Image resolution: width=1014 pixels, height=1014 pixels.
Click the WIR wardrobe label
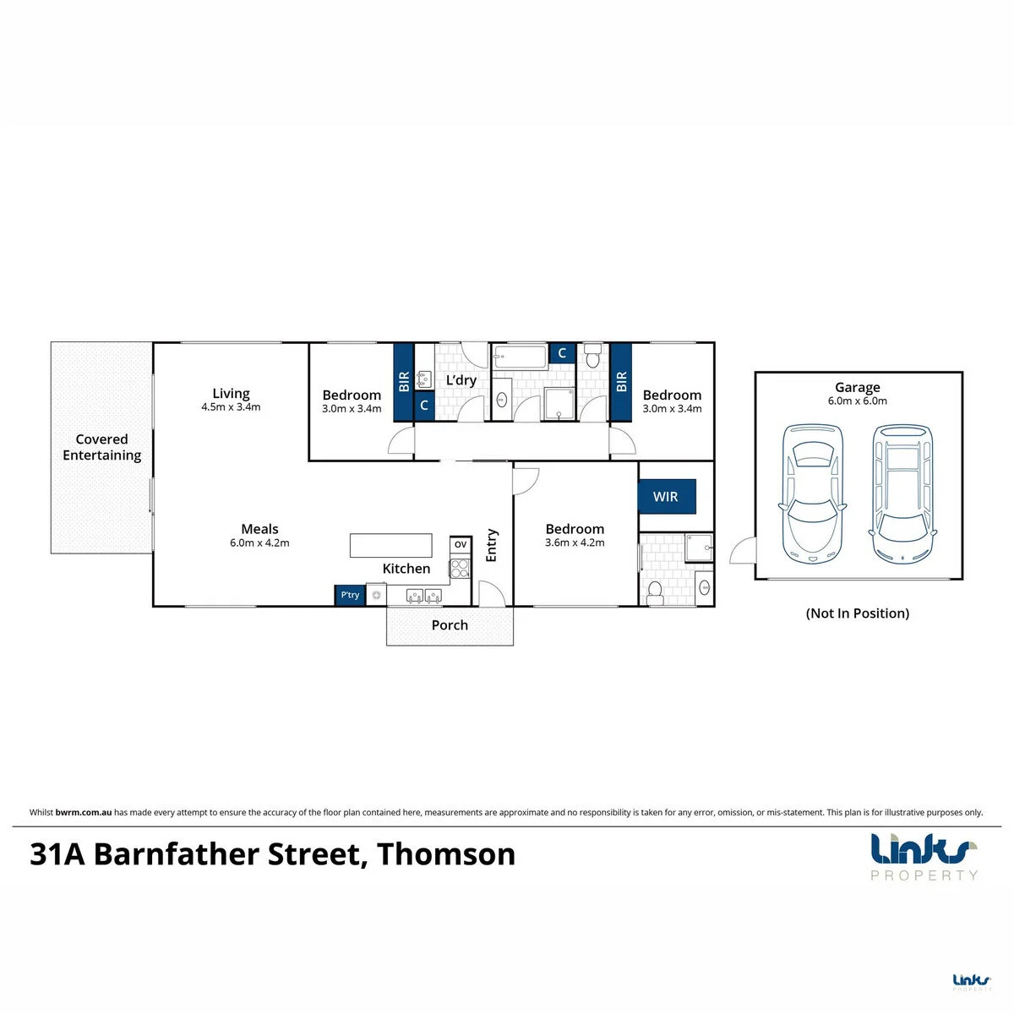665,496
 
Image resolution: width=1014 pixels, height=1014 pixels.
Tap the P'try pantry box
350,595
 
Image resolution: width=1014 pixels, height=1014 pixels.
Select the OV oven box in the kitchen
461,545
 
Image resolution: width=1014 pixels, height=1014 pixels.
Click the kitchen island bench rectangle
391,545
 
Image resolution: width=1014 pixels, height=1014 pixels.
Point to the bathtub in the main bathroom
520,357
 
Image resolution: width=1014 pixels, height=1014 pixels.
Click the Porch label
450,625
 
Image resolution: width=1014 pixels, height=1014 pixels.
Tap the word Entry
491,545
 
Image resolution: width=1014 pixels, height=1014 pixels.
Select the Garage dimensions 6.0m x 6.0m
857,401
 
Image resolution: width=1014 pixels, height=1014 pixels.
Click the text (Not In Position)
857,613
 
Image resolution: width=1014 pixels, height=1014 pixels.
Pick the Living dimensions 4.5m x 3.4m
231,406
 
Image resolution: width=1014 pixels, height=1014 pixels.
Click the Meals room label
259,529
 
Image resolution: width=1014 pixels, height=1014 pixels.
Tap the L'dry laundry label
461,380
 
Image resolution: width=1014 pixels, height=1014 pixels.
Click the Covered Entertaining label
101,447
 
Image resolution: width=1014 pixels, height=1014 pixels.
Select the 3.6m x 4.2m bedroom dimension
575,542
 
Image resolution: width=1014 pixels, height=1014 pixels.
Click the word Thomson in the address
446,854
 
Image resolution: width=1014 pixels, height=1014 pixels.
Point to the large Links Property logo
924,856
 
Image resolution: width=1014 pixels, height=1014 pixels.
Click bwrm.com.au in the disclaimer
83,812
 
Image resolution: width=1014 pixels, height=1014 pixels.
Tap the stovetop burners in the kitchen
460,569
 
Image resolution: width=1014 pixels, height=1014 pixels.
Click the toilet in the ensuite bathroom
655,592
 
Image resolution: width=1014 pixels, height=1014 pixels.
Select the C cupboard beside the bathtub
562,353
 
